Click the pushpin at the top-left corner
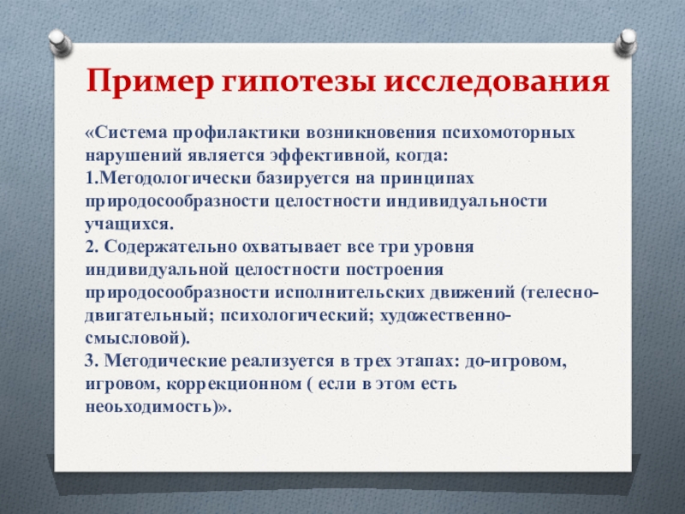(60, 42)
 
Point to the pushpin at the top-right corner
(626, 42)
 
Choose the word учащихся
(129, 224)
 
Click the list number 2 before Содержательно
(91, 247)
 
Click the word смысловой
(138, 338)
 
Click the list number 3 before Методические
(91, 362)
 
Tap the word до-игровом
(515, 362)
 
